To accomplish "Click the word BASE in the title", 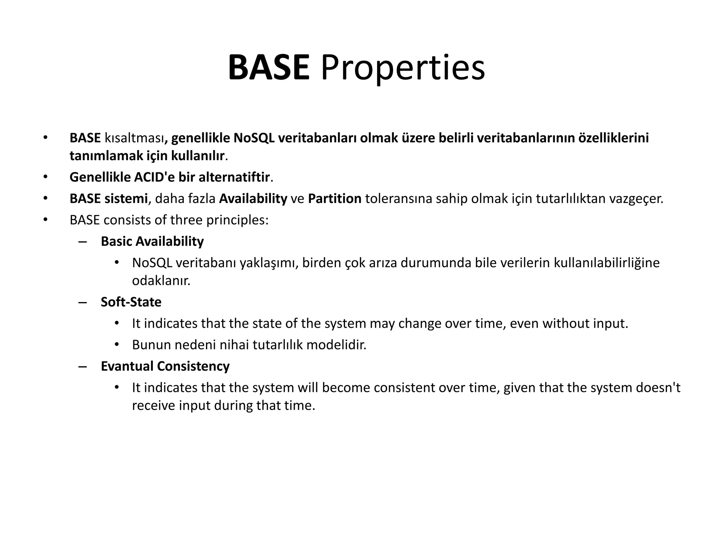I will coord(269,68).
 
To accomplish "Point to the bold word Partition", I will coord(335,199).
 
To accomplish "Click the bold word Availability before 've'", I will coord(253,199).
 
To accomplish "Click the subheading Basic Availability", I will coord(152,241).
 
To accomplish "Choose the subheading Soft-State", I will coord(131,302).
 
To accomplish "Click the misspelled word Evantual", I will coord(127,366).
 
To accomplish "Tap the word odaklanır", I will coord(161,280).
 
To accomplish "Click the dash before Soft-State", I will coord(83,302).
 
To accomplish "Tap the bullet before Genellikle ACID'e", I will coord(45,177).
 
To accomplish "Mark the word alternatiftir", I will coord(234,177).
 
